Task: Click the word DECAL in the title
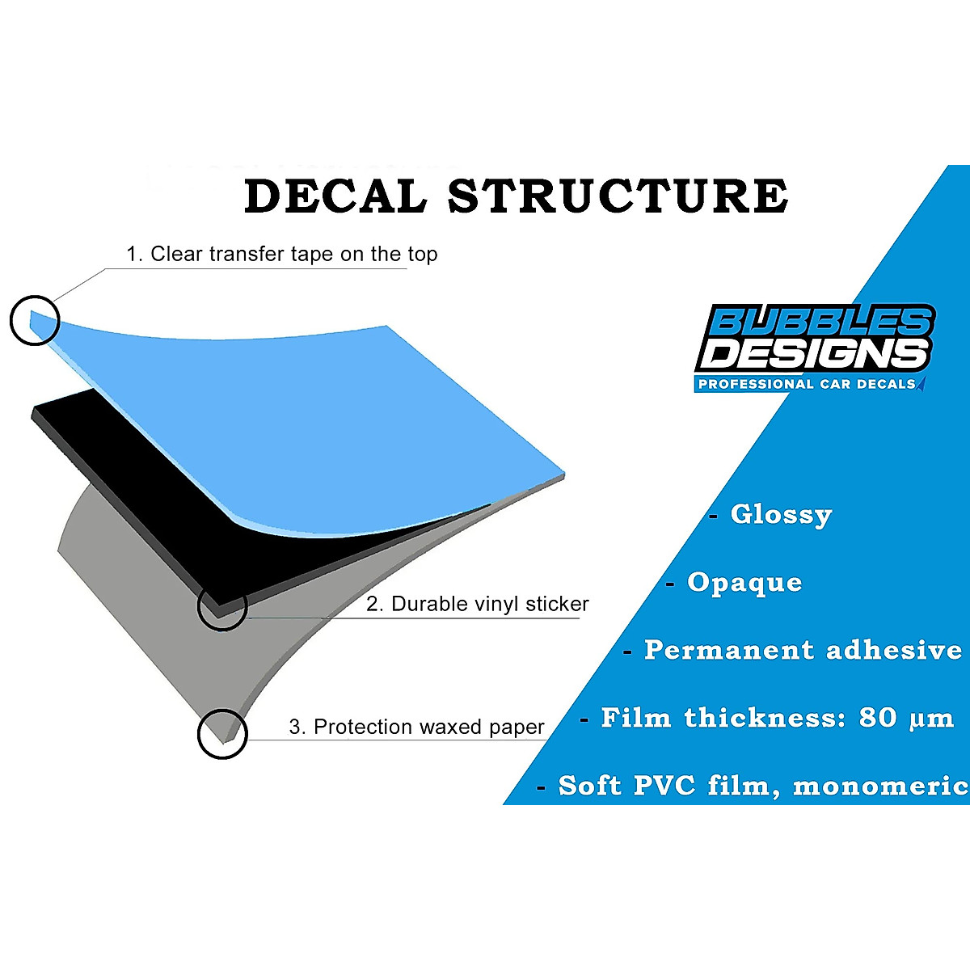335,196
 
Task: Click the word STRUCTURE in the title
618,196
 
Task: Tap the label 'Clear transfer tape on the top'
294,254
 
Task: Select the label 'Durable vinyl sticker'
490,604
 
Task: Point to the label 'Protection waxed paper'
429,727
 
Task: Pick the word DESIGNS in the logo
813,355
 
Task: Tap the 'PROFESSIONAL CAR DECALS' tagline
807,384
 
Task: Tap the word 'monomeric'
881,786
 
